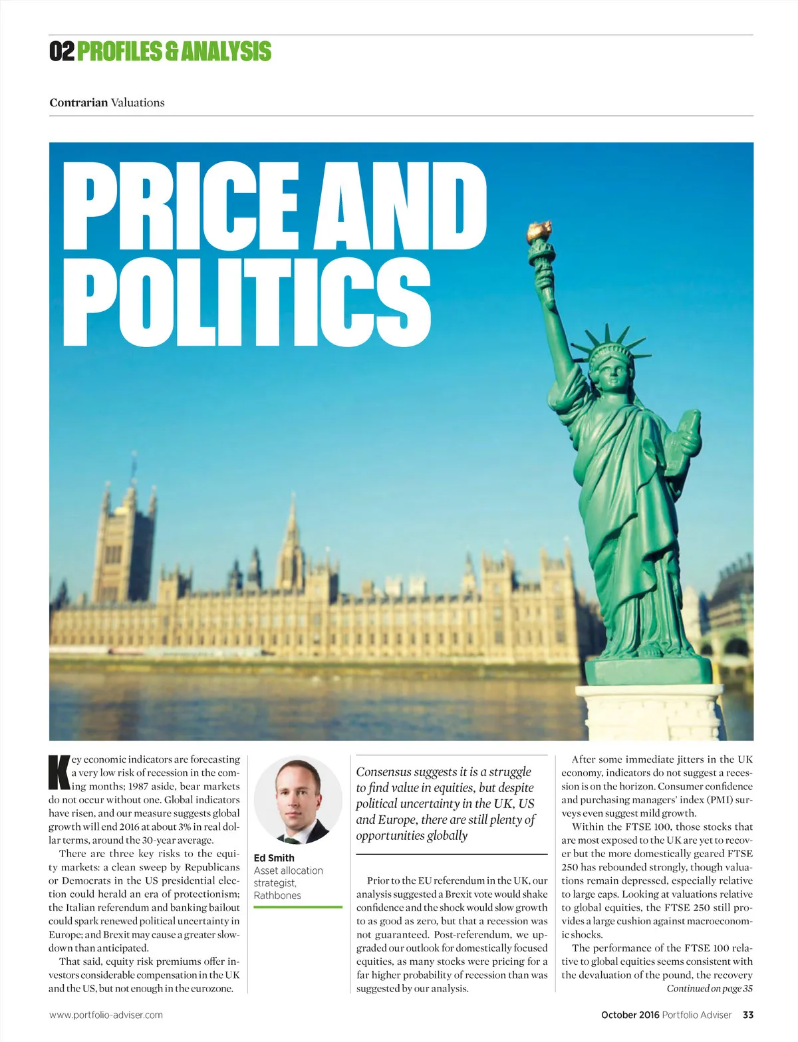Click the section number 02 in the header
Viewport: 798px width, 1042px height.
[62, 52]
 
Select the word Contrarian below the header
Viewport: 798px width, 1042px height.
[78, 102]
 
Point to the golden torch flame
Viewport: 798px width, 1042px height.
[538, 231]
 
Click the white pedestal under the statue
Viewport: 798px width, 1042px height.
[648, 712]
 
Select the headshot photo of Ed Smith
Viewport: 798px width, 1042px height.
[297, 800]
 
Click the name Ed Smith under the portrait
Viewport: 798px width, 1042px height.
[274, 858]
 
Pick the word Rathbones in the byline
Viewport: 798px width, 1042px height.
[277, 895]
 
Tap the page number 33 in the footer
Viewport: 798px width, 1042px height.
[748, 1015]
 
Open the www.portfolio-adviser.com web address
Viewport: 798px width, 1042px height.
[106, 1015]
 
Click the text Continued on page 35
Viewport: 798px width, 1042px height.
[710, 988]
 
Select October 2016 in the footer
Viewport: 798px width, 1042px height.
[630, 1015]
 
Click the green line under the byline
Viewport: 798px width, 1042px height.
[297, 907]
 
